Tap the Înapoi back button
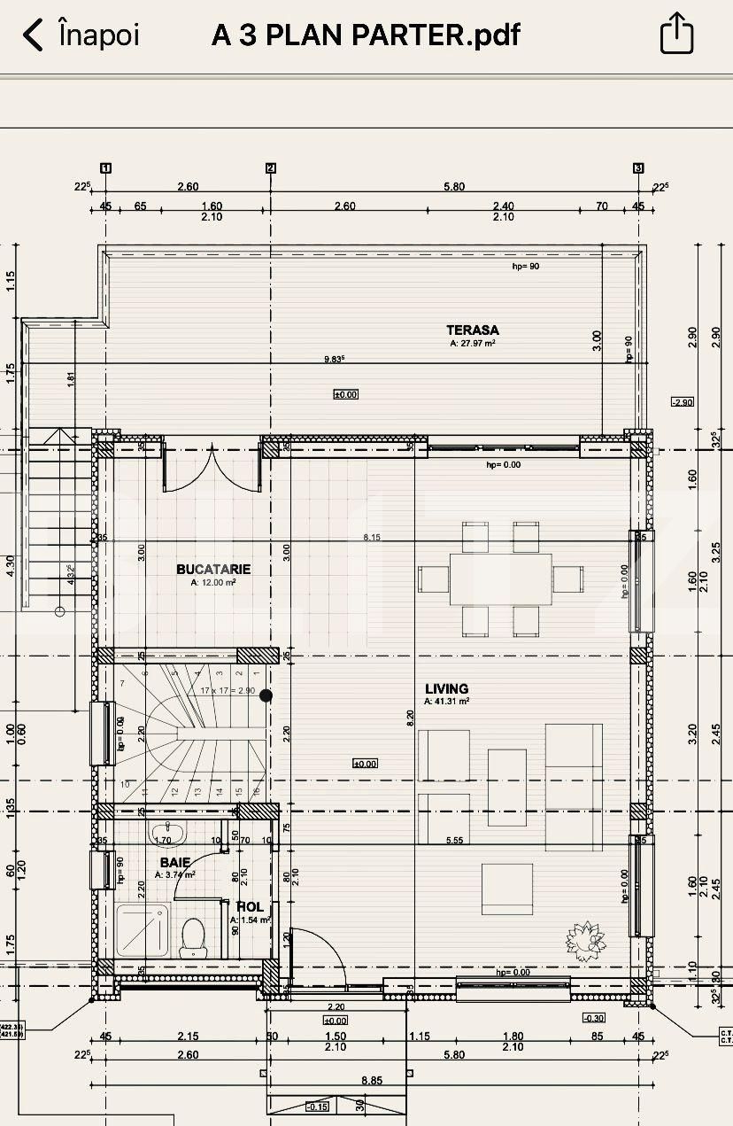point(81,35)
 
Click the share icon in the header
point(677,35)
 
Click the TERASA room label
point(473,330)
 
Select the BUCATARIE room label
point(213,570)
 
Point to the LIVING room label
point(446,688)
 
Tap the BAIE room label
point(174,862)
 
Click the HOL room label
point(250,907)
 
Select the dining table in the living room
point(500,579)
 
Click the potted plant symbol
point(583,937)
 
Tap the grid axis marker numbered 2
point(271,167)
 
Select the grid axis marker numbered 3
point(638,167)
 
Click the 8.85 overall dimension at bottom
point(372,1080)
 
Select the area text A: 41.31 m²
point(446,701)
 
